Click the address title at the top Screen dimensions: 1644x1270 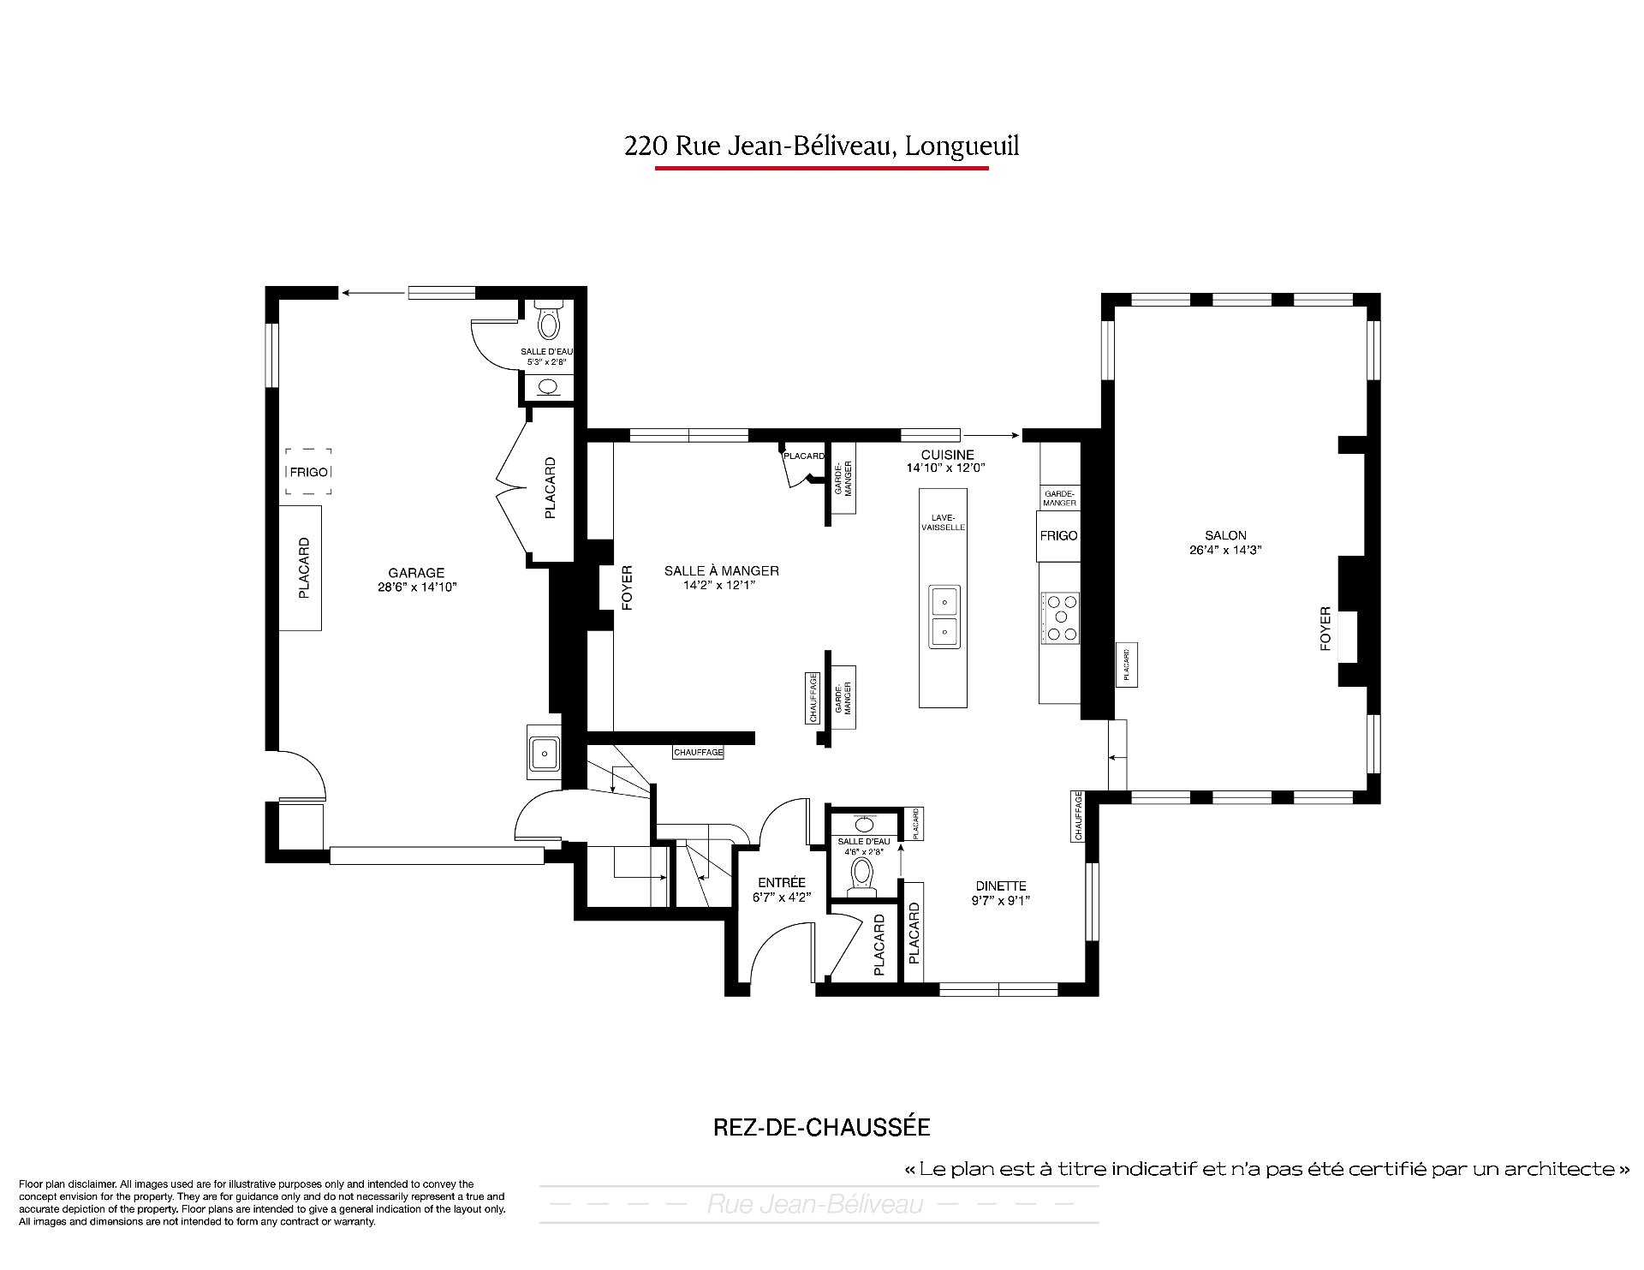(x=822, y=146)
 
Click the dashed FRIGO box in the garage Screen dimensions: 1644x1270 (x=308, y=472)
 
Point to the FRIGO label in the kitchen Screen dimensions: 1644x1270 (x=1058, y=536)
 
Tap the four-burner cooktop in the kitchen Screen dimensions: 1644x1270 (x=1061, y=617)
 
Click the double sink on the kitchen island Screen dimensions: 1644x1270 (x=944, y=617)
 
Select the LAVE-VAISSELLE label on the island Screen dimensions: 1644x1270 (x=944, y=522)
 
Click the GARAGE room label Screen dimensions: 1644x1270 (x=416, y=573)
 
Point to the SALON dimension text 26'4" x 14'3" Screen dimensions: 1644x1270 (x=1226, y=550)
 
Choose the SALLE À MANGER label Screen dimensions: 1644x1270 (x=722, y=571)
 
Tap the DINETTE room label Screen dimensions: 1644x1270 (x=1000, y=886)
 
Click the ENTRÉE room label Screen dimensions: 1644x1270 (x=782, y=883)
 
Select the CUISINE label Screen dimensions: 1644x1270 (x=947, y=455)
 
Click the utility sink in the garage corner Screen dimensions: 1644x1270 (x=544, y=754)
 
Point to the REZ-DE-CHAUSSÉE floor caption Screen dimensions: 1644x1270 (x=822, y=1127)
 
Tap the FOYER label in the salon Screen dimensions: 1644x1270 (x=1325, y=629)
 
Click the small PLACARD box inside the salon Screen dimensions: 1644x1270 (x=1127, y=665)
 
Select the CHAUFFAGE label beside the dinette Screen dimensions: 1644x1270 (x=1078, y=816)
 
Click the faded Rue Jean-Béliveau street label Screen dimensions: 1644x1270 (x=815, y=1205)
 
